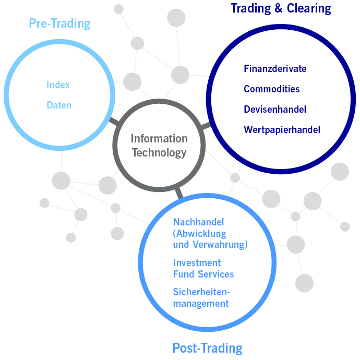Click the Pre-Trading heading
click(59, 23)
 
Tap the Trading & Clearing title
click(281, 8)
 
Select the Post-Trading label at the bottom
click(207, 348)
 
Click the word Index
click(58, 85)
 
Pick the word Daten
click(59, 105)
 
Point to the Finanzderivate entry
click(275, 69)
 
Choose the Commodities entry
click(272, 89)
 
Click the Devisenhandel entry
click(275, 110)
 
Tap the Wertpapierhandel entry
click(282, 129)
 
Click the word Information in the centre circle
click(159, 139)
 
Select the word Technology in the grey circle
click(159, 153)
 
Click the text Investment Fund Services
click(203, 268)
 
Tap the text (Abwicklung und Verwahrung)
click(210, 239)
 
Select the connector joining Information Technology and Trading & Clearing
click(205, 126)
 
